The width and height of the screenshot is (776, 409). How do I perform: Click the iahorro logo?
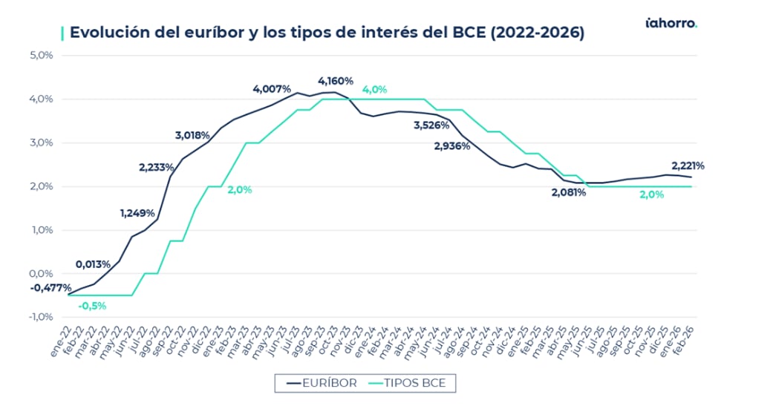(x=671, y=23)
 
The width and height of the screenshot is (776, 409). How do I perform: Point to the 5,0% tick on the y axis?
(x=41, y=56)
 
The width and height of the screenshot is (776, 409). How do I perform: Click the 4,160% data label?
(x=336, y=81)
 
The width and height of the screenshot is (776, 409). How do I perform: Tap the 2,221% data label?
(x=688, y=166)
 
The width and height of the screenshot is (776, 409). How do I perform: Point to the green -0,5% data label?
(x=92, y=305)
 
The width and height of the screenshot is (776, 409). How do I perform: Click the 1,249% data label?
(x=137, y=214)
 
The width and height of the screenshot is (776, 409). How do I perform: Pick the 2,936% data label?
(x=452, y=146)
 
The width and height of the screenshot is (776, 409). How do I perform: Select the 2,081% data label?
(x=569, y=192)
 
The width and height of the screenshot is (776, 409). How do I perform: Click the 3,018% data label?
(x=192, y=135)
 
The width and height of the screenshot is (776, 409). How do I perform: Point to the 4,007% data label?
(x=272, y=89)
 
